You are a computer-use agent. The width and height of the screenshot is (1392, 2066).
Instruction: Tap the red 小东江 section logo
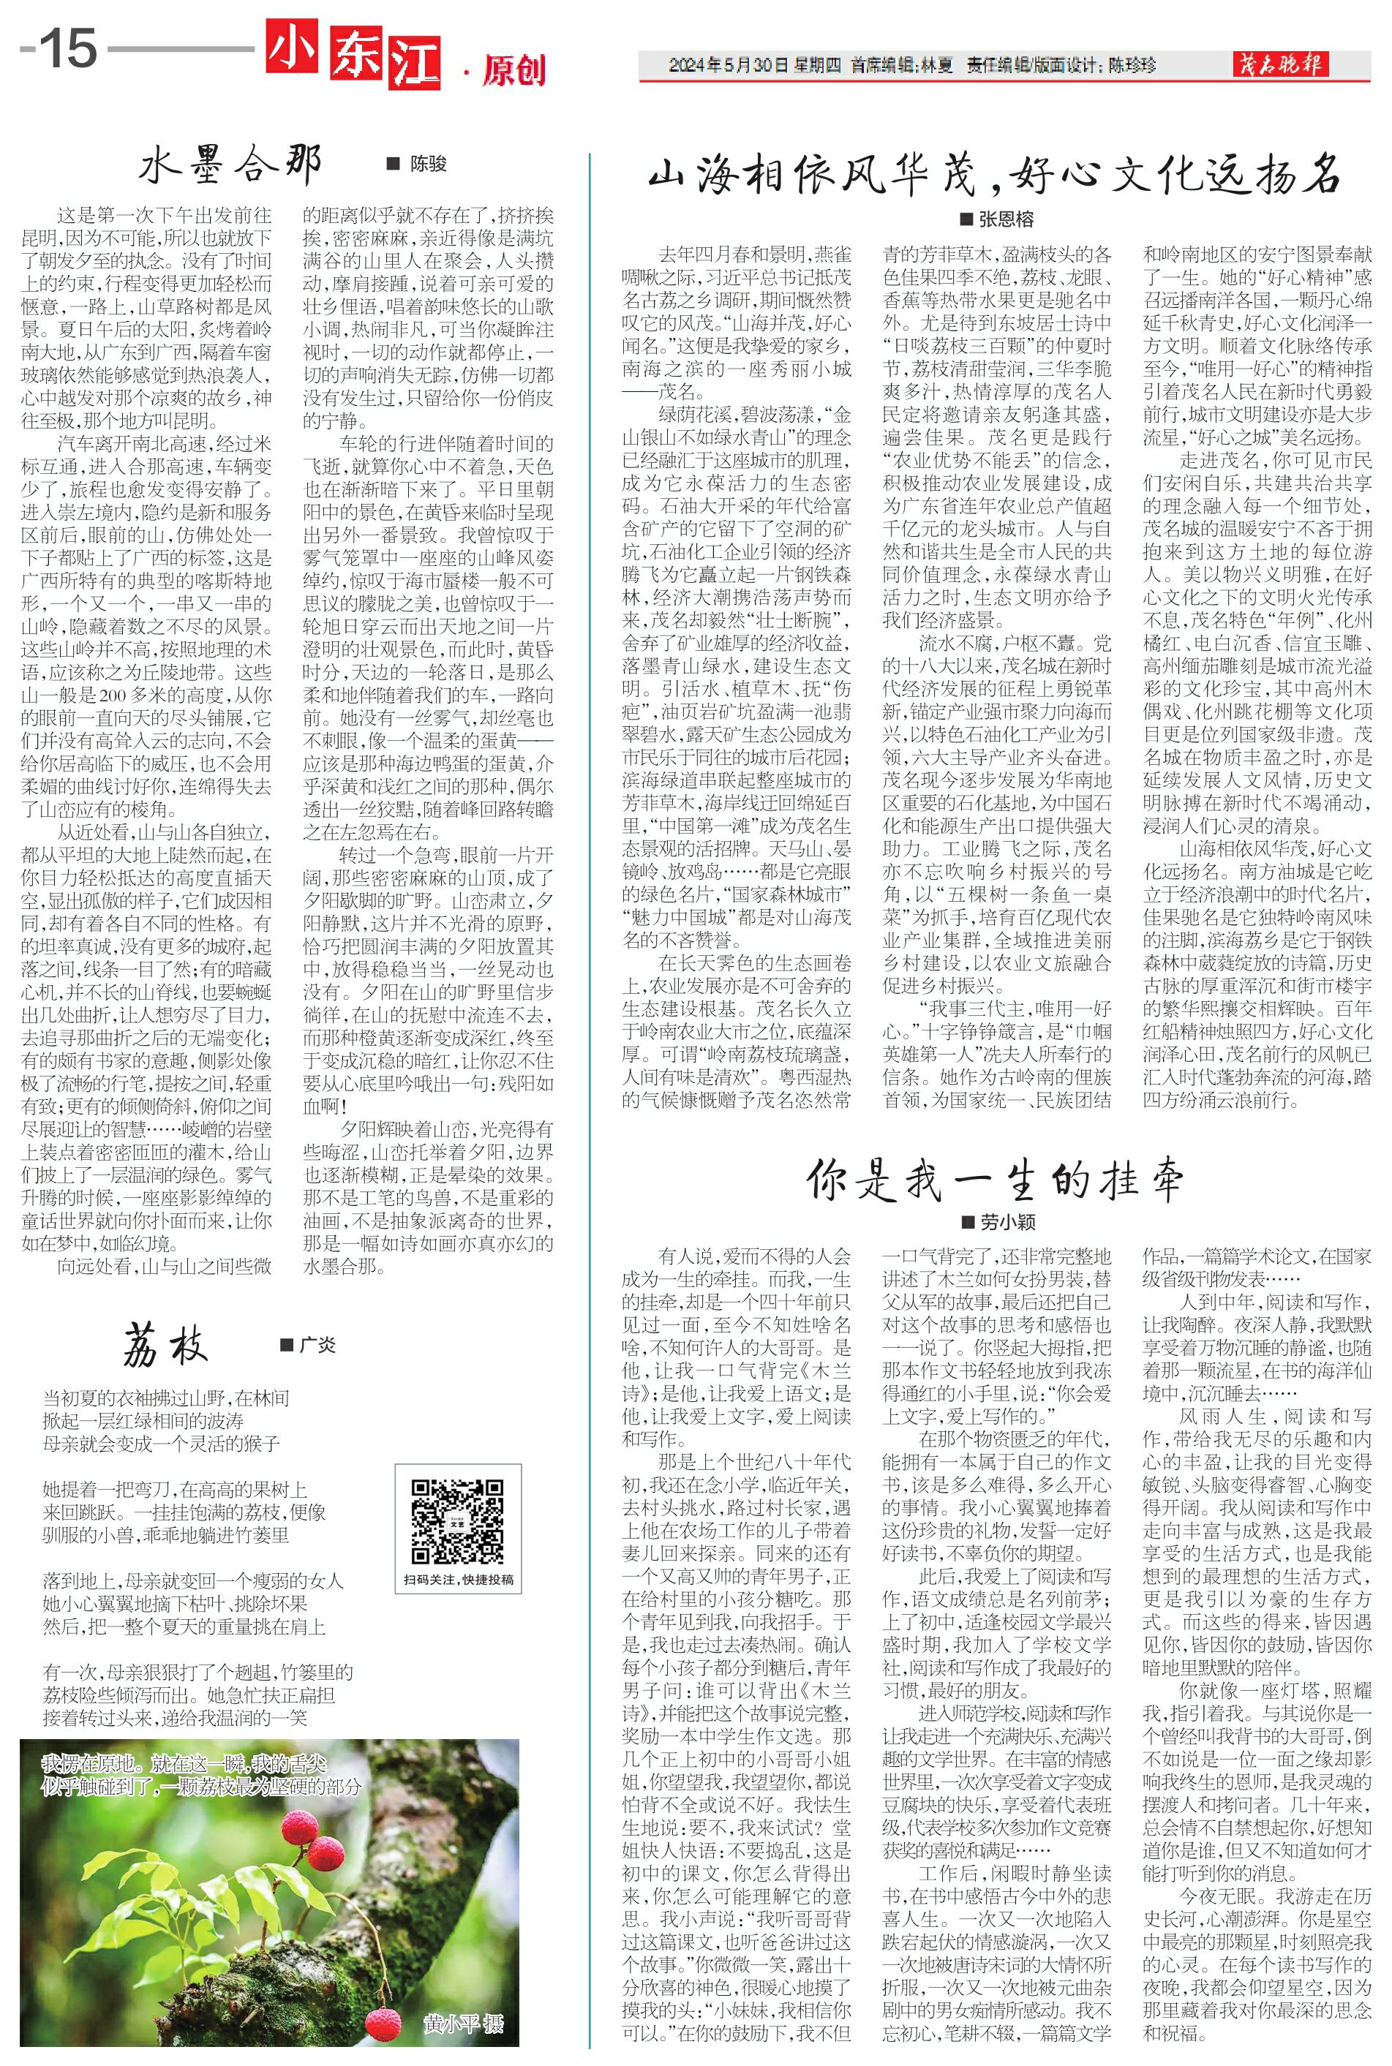(x=353, y=56)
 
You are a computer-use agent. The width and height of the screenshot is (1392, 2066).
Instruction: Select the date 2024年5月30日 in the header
(x=728, y=66)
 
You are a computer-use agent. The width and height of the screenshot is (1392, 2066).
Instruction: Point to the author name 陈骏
(x=428, y=164)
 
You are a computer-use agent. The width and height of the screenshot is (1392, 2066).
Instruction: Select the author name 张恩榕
(x=1006, y=219)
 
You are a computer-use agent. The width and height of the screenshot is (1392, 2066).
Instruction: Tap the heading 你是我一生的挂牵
(x=994, y=1181)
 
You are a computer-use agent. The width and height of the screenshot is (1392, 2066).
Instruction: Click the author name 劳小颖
(x=1007, y=1222)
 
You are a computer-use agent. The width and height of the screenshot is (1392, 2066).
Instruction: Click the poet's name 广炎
(x=317, y=1346)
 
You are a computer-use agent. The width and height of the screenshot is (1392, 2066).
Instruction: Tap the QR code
(x=457, y=1521)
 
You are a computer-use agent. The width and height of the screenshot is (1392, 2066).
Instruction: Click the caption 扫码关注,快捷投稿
(x=458, y=1579)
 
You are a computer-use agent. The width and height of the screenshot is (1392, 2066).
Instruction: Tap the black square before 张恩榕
(x=967, y=219)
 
